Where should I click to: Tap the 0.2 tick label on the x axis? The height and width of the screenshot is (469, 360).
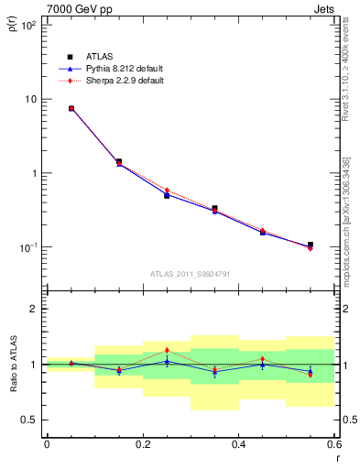coord(142,444)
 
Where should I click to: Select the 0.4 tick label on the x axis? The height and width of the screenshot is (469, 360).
coord(238,444)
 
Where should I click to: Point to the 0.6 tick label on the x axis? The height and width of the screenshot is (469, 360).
coord(333,444)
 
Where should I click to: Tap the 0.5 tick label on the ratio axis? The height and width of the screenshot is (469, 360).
coord(29,420)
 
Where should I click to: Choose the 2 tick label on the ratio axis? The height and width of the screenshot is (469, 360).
coord(33,309)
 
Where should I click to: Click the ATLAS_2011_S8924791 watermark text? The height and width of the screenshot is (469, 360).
coord(191,273)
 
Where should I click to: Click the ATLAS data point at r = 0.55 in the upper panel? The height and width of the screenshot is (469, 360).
coord(311,245)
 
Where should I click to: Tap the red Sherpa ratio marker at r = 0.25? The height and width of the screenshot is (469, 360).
coord(167,350)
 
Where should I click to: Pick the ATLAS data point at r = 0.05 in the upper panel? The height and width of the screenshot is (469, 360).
coord(71,108)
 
